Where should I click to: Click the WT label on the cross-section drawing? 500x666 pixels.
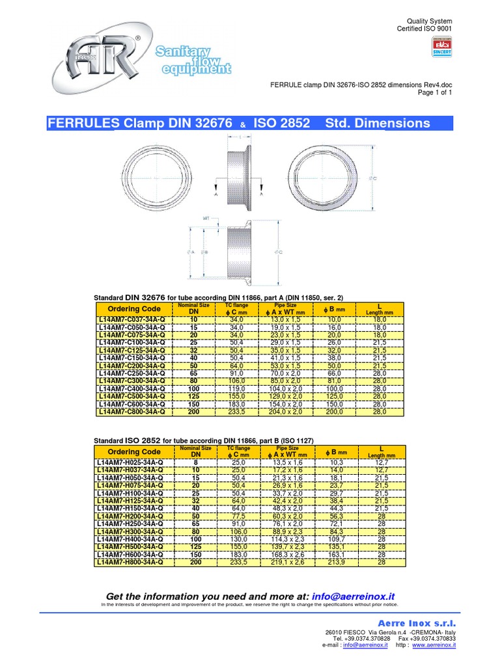click(x=206, y=219)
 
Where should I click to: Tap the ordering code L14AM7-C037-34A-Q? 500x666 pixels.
click(x=133, y=320)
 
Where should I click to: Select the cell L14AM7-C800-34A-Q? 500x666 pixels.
click(x=133, y=412)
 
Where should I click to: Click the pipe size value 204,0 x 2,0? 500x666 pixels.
click(x=286, y=412)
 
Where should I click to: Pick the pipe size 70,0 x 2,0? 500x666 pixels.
click(x=286, y=373)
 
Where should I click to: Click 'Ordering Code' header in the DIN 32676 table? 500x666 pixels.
click(x=133, y=308)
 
